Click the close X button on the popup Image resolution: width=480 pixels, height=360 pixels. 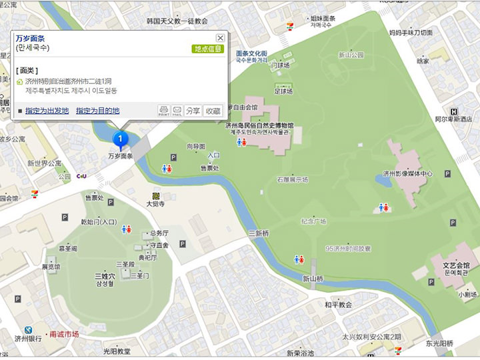pos(220,38)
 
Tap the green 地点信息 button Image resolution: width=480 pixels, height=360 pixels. pos(208,49)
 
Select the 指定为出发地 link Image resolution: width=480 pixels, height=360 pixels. pos(47,111)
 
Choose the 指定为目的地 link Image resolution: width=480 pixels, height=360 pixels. pos(97,111)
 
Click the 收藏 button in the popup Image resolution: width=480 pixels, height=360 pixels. pos(213,111)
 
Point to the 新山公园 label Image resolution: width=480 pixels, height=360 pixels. pos(351,55)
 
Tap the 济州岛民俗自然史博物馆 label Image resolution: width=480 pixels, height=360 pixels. pos(259,125)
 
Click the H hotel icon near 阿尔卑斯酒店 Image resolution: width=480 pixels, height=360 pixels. pos(454,111)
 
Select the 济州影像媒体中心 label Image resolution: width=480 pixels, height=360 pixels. pos(407,173)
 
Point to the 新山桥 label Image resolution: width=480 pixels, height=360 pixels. pos(313,278)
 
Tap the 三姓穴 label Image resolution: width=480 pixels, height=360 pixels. pos(105,275)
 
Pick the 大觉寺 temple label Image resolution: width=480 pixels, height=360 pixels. pos(155,204)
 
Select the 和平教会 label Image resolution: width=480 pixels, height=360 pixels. pos(338,304)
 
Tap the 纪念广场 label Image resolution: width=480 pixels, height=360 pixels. pos(313,221)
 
